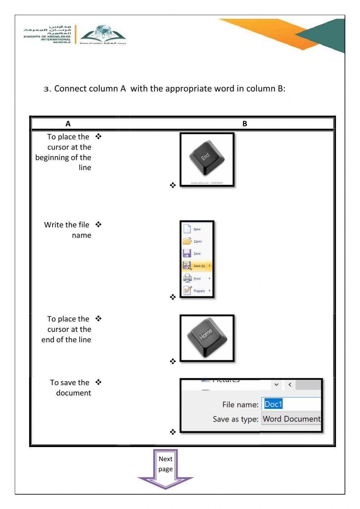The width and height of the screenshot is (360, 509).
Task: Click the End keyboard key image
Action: tap(207, 158)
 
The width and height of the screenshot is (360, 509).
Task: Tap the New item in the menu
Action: tap(197, 229)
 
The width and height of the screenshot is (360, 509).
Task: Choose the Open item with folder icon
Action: tap(197, 241)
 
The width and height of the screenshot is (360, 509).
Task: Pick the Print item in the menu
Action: tap(197, 278)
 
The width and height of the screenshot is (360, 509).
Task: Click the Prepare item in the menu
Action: tap(199, 291)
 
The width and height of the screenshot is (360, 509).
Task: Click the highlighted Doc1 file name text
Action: tap(273, 404)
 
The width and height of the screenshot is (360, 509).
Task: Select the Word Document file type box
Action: tap(291, 419)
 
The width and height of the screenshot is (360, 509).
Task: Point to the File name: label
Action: tap(240, 405)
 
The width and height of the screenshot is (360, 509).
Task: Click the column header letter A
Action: tap(68, 124)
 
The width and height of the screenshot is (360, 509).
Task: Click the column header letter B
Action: tap(245, 124)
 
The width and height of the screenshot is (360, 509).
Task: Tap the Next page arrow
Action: tap(166, 468)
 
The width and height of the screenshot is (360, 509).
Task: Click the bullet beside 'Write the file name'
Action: tap(99, 224)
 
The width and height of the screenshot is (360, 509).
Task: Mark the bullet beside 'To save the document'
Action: tap(99, 382)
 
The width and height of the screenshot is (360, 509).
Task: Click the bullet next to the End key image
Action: tap(173, 185)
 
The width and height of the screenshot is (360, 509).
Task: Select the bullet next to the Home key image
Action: tap(173, 361)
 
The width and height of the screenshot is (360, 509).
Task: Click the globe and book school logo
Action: tap(103, 34)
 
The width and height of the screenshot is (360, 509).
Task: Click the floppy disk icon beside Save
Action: tap(187, 253)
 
